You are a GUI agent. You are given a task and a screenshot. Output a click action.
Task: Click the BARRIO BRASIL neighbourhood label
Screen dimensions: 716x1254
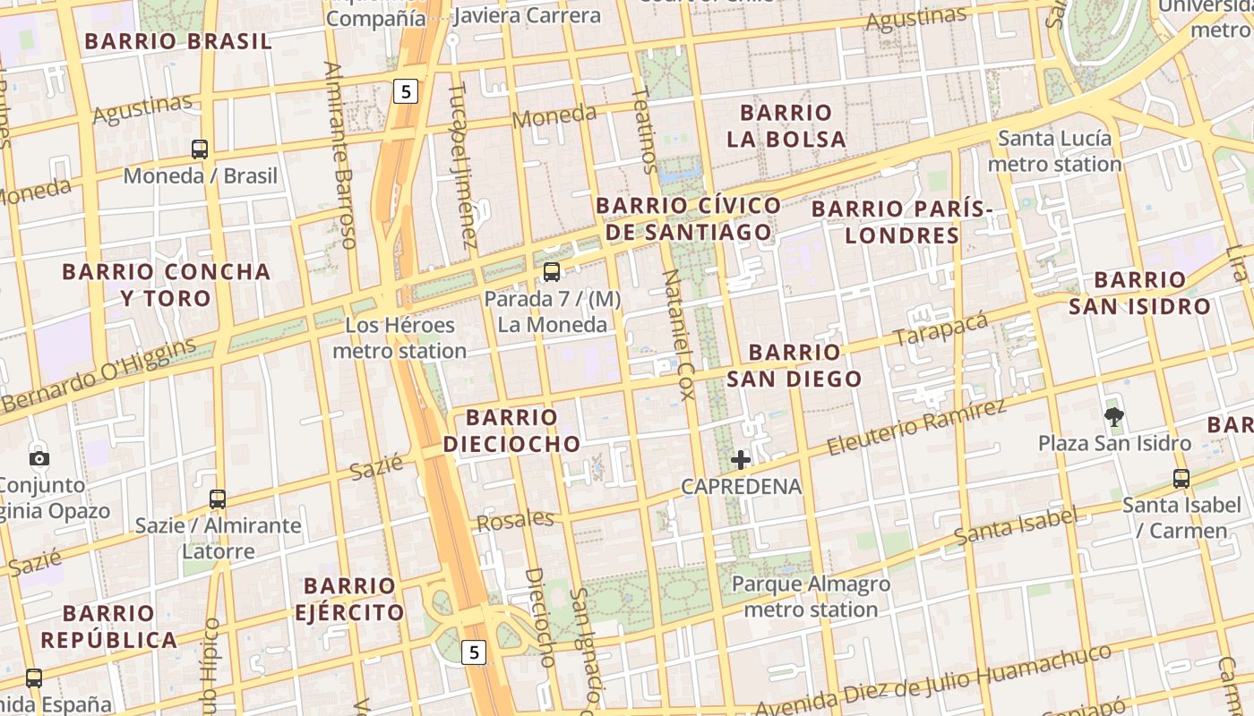coord(177,41)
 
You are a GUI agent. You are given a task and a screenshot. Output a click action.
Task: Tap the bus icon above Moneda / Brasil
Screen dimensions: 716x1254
coord(200,149)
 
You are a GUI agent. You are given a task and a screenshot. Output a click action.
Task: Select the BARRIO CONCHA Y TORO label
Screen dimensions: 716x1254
coord(166,285)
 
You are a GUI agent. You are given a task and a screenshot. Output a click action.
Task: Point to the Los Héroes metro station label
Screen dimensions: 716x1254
coord(399,338)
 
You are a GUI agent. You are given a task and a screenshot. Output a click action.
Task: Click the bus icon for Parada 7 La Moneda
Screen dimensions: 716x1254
coord(552,272)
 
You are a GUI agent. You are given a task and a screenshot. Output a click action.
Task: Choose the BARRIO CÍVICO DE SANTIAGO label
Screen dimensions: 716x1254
coord(688,219)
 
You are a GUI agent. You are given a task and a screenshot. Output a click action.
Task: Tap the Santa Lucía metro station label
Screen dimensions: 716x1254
coord(1054,151)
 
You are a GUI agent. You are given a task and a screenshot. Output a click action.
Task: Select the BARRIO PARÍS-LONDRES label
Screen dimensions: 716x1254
coord(902,222)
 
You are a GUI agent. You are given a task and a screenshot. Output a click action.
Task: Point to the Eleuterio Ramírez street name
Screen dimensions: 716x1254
coord(915,427)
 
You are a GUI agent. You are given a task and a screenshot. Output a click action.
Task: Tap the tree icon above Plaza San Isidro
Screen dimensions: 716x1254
coord(1114,416)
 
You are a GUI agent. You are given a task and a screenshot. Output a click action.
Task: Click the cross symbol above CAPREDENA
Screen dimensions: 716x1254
coord(741,461)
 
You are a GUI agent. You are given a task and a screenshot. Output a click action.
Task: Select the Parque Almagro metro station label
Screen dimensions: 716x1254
coord(811,597)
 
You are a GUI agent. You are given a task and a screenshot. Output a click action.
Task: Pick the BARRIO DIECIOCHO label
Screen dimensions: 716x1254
coord(511,430)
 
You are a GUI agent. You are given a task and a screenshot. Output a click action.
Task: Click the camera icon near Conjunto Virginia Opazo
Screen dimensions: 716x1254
coord(39,458)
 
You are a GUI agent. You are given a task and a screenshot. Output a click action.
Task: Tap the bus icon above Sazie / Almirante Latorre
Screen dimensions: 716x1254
coord(218,499)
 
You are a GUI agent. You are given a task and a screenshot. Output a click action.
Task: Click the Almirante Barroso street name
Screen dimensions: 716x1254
coord(340,154)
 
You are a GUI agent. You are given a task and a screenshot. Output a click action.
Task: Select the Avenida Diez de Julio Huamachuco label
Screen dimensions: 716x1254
coord(932,680)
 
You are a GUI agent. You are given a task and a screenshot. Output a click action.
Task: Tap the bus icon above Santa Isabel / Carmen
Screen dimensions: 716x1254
coord(1181,479)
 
